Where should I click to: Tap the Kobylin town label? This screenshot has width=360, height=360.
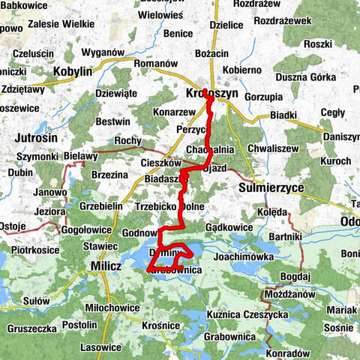click(73, 73)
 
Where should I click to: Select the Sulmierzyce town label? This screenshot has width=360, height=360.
click(269, 187)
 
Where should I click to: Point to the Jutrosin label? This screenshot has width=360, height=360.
click(35, 138)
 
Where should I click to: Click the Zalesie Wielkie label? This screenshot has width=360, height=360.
click(61, 23)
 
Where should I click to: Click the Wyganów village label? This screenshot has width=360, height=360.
click(103, 52)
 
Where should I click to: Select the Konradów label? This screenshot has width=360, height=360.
click(287, 352)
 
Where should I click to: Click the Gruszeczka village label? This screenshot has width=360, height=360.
click(31, 328)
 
